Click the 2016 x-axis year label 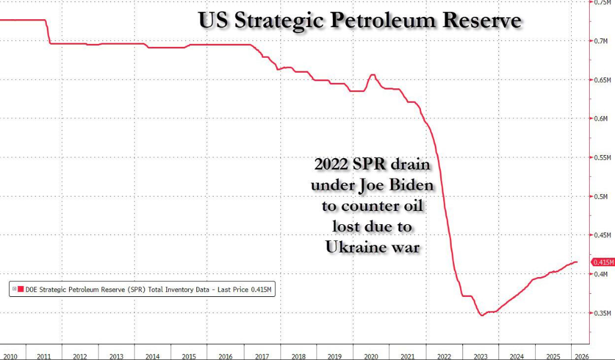226,356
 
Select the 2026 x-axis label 581,356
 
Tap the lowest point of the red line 481,315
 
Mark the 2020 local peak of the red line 372,75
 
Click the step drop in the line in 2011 49,32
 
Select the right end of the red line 577,262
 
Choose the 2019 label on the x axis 336,356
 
